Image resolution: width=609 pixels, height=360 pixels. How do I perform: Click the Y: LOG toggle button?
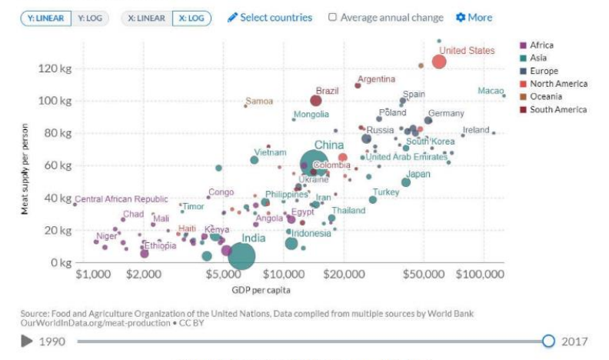click(x=90, y=18)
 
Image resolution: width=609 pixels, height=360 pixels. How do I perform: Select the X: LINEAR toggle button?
click(x=146, y=18)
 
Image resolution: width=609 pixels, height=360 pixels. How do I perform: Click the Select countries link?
click(x=270, y=18)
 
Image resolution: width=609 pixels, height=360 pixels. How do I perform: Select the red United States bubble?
click(x=439, y=62)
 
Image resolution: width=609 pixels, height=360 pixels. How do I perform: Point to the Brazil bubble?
click(x=316, y=101)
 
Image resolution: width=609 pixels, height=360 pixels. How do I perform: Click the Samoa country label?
click(x=259, y=102)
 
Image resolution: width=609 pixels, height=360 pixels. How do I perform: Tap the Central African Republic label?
click(x=121, y=199)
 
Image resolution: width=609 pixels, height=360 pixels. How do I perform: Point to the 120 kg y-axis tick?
click(x=55, y=68)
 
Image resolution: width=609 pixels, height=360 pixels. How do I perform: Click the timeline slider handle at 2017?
click(x=548, y=341)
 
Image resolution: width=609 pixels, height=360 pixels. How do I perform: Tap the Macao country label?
click(x=490, y=91)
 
